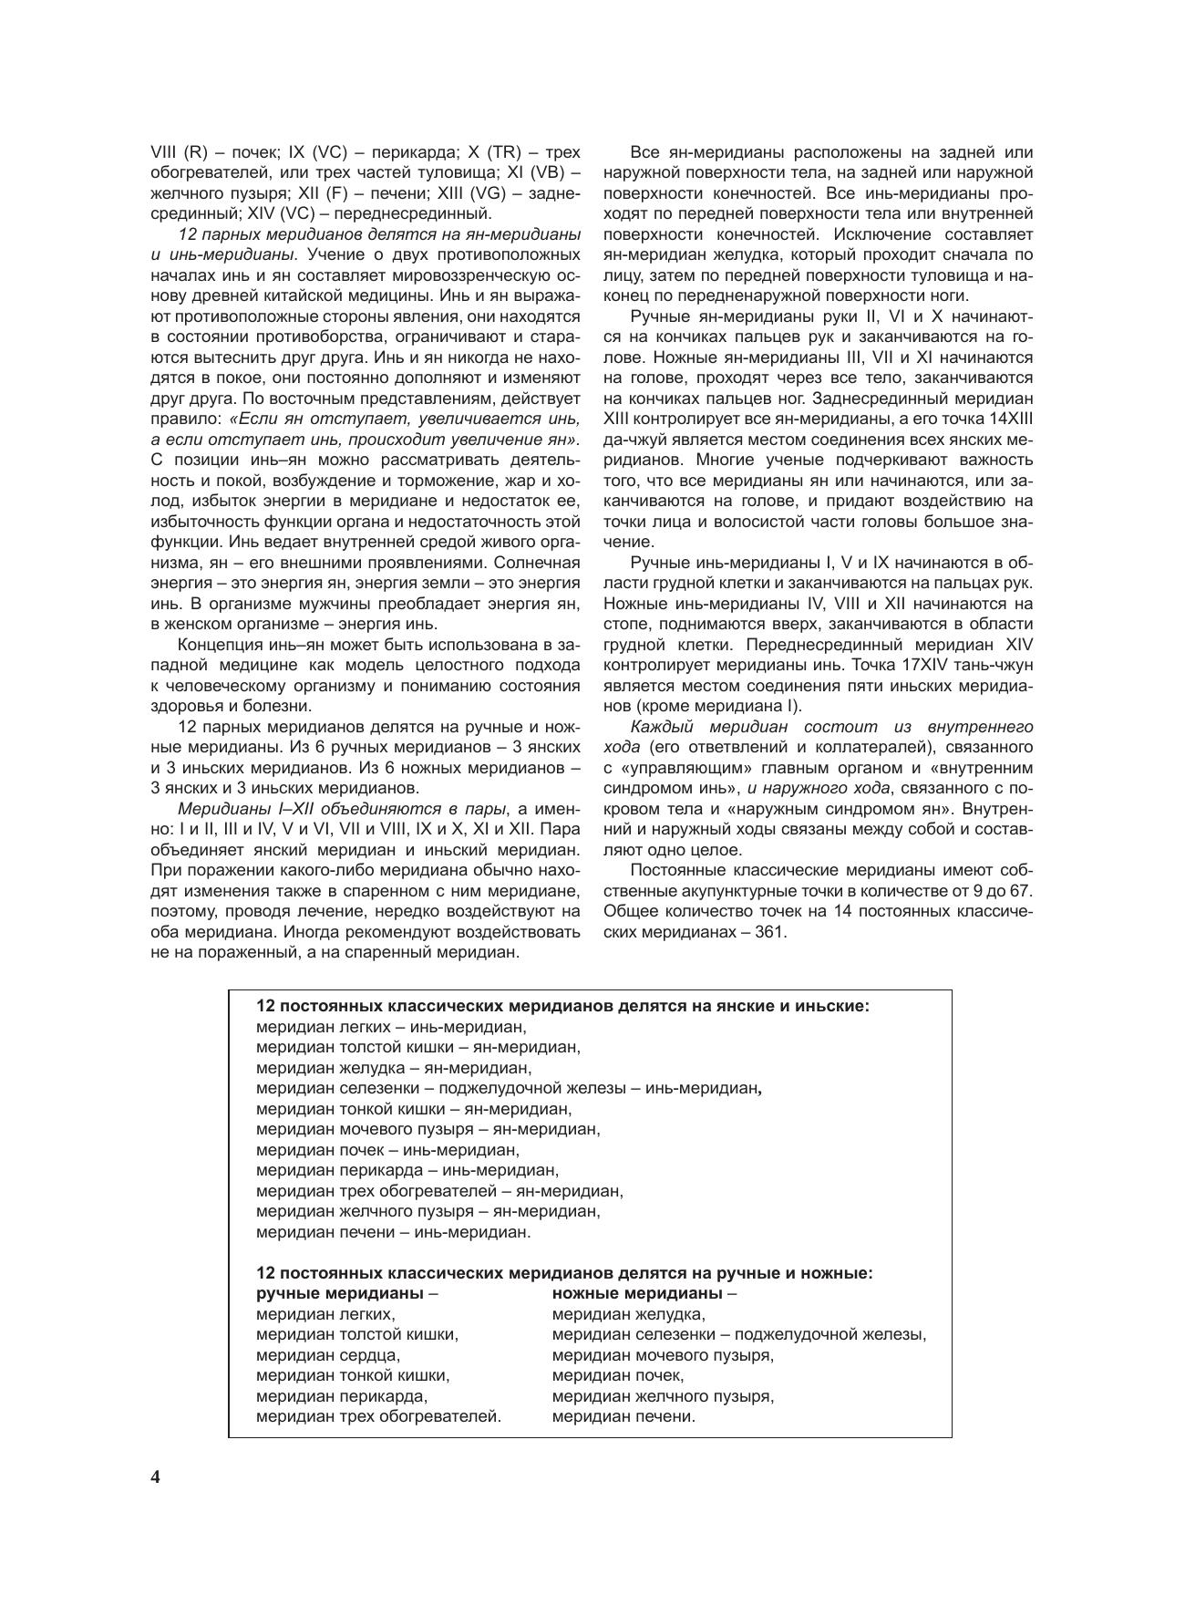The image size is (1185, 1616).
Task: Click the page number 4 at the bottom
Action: pos(156,1476)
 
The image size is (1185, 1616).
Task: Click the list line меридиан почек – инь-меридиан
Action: pos(387,1150)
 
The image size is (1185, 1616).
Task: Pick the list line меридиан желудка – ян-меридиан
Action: pos(394,1068)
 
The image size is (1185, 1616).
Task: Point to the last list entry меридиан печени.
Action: pos(623,1416)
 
